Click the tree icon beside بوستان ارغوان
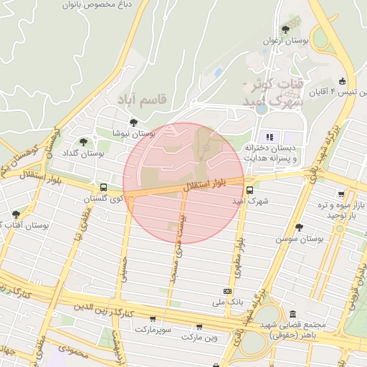click(x=286, y=29)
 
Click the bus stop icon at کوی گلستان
click(x=105, y=186)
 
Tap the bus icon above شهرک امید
click(x=249, y=191)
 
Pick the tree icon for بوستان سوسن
click(x=299, y=227)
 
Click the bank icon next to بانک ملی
click(x=227, y=291)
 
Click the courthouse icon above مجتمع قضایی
click(x=292, y=314)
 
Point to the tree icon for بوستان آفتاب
click(x=16, y=214)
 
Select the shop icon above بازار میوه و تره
click(x=339, y=194)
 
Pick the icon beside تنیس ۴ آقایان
click(x=343, y=80)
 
